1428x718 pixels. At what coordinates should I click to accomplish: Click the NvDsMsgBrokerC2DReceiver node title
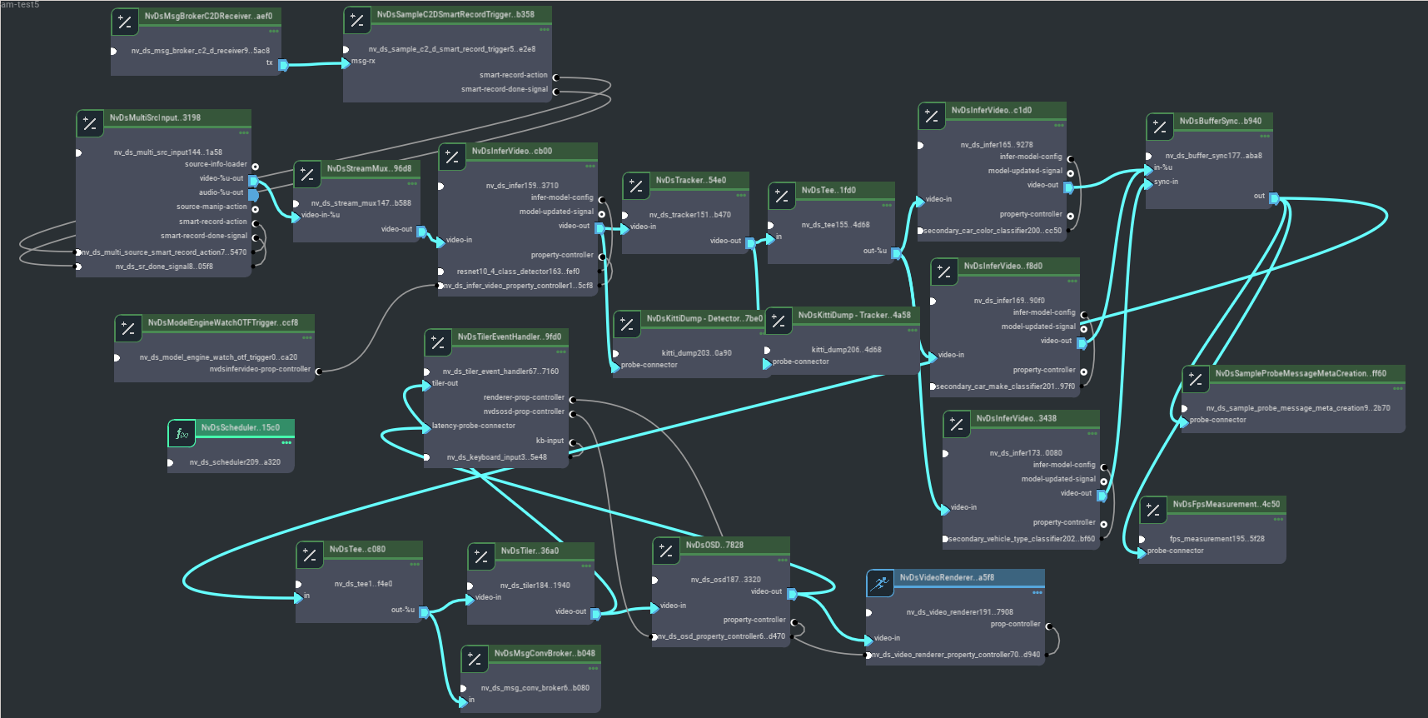coord(208,16)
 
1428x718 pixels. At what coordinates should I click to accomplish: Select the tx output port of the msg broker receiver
coord(283,64)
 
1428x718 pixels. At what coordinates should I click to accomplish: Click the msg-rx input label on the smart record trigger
coord(363,61)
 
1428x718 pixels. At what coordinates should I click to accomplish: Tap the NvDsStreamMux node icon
coord(307,174)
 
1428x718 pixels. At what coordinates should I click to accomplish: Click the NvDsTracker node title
coord(690,180)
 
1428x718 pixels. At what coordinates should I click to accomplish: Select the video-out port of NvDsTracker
coord(750,242)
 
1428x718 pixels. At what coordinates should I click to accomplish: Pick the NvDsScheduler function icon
coord(182,434)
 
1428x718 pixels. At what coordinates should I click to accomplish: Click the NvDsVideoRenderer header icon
coord(880,584)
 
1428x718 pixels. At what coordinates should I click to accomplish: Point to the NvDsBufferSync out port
coord(1274,198)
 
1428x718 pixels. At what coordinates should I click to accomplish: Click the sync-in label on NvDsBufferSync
coord(1166,182)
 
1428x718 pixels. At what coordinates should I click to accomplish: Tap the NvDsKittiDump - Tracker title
coord(854,315)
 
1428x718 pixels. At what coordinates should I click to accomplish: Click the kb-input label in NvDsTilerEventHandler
coord(550,441)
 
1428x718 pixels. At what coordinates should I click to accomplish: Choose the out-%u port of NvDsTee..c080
coord(424,611)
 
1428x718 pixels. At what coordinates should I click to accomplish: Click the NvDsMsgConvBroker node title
coord(545,653)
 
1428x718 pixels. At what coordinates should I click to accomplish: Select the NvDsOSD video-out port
coord(792,593)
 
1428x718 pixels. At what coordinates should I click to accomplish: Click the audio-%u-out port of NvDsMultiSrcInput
coord(253,194)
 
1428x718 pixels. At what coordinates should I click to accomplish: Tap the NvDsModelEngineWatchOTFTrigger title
coord(222,322)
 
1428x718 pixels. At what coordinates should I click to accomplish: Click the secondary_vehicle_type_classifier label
coord(1022,539)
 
